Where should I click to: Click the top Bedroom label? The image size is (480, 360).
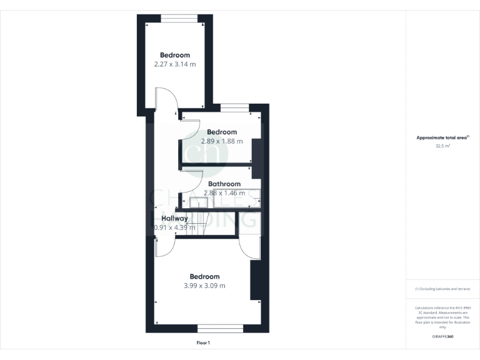174,55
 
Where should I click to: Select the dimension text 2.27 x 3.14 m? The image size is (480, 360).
174,64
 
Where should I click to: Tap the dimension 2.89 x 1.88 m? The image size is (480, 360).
221,141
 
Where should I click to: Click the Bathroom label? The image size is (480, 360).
224,184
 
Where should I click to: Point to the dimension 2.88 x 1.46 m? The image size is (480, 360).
224,193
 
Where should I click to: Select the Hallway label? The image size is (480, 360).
174,218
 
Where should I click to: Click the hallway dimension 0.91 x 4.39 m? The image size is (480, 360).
174,227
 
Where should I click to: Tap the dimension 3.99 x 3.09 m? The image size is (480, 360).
204,286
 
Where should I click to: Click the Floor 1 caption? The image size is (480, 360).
203,343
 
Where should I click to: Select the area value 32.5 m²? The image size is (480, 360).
442,146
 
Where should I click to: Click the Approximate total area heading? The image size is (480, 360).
442,137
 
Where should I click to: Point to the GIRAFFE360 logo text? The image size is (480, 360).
442,337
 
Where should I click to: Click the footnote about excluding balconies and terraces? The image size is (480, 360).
442,289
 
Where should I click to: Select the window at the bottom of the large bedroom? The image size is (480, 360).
220,328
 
